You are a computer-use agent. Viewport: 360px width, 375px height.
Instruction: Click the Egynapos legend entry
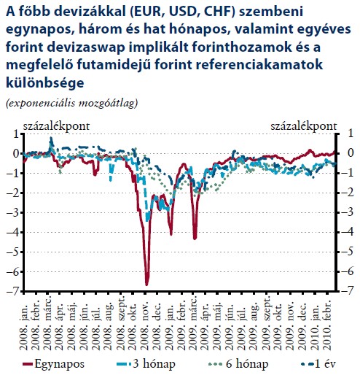click(x=53, y=364)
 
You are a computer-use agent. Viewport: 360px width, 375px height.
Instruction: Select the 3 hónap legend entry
click(x=146, y=364)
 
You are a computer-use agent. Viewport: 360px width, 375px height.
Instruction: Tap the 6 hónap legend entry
click(x=238, y=364)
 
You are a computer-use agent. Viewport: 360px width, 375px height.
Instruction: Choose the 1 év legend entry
click(x=318, y=364)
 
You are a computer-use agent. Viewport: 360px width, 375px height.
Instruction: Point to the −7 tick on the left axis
click(x=13, y=291)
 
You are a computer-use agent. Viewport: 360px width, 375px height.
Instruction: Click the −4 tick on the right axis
click(x=348, y=232)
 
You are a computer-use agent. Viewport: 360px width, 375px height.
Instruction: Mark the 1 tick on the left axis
click(x=16, y=134)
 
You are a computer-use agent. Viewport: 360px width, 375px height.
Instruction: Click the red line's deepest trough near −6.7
click(x=146, y=285)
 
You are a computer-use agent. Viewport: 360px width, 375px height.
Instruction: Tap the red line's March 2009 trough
click(x=195, y=239)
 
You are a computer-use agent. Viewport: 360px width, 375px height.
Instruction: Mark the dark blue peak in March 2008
click(x=51, y=138)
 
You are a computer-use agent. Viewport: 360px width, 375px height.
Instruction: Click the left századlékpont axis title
click(x=56, y=126)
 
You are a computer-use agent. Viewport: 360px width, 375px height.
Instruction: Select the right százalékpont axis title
click(x=304, y=126)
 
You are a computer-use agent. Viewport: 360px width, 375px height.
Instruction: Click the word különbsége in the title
click(x=45, y=82)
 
